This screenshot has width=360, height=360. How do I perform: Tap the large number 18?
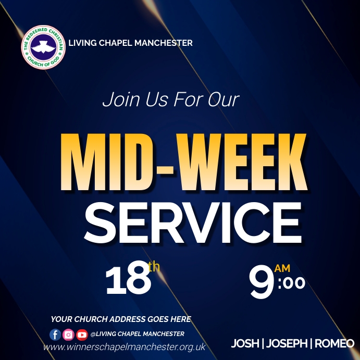coord(127,280)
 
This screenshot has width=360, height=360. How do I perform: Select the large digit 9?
coord(262,282)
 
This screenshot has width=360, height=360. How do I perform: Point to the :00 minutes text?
coord(291,283)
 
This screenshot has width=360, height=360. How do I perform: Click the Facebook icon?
coord(55,334)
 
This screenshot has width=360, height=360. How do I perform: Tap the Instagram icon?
coord(68,334)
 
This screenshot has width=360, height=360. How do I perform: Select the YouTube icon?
coord(82,334)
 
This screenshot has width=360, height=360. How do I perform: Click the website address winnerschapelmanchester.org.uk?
coord(125,347)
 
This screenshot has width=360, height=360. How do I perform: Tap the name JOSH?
coord(245,344)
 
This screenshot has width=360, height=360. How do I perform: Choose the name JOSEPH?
coord(286,344)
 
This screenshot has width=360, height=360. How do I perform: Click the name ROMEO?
coord(334,344)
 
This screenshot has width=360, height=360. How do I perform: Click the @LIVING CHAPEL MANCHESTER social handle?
coord(137,334)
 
